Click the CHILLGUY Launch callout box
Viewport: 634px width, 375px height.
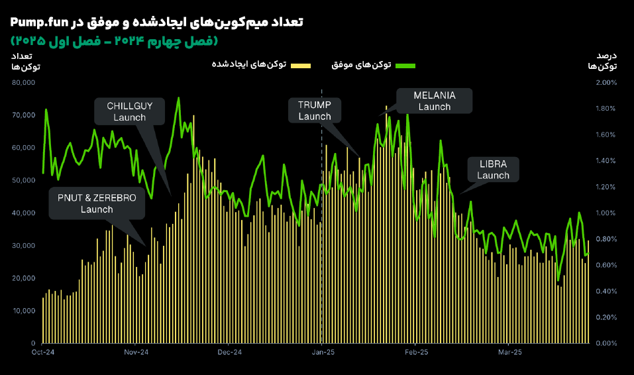point(129,111)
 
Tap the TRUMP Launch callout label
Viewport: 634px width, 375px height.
point(315,111)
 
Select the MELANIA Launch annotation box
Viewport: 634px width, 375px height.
point(435,101)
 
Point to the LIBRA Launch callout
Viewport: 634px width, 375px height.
point(493,170)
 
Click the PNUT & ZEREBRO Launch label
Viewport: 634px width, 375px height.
point(97,203)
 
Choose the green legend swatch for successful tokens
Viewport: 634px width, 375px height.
point(405,65)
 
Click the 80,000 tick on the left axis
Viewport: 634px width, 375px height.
point(23,82)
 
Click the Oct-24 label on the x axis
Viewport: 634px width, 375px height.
point(42,352)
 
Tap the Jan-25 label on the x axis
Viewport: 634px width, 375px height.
point(323,352)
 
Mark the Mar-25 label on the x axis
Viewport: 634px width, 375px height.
point(510,352)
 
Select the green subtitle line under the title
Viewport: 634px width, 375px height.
point(113,41)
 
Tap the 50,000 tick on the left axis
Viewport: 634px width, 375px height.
point(23,180)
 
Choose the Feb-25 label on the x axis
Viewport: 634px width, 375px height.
point(416,352)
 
